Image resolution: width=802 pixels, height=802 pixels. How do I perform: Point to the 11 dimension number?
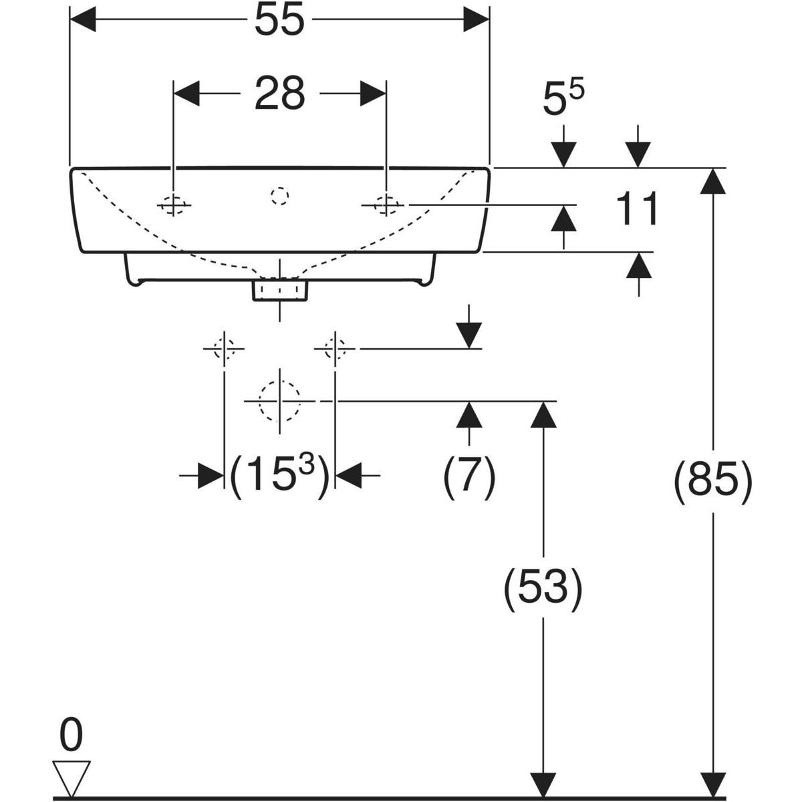pos(636,209)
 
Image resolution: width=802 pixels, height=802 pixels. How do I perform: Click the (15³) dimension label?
pos(279,475)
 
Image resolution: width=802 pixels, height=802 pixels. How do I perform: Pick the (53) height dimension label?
pos(543,589)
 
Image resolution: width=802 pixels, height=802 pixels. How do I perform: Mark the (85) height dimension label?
pos(713,480)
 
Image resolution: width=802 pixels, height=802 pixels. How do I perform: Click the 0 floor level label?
pos(71,736)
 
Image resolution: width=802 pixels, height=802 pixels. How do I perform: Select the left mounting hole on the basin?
pos(173,205)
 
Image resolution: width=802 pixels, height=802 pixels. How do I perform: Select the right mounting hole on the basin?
pos(386,205)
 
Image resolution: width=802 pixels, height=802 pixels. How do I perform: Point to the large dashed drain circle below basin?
pos(280,401)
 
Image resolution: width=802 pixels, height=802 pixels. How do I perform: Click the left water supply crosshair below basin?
pos(223,348)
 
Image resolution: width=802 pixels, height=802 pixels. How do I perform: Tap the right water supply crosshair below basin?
pos(335,348)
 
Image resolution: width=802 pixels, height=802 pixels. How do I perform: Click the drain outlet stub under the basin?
pos(280,291)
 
